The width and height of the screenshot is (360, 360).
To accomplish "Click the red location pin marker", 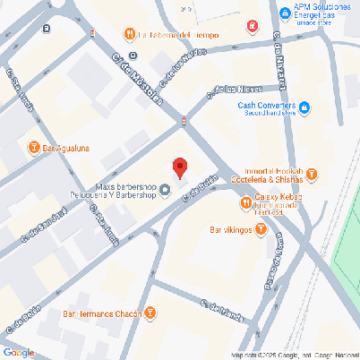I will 180,167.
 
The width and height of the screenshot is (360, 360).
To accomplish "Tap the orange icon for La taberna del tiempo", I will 129,35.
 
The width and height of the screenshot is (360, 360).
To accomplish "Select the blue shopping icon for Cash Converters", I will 304,108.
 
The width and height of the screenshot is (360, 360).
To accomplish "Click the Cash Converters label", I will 267,105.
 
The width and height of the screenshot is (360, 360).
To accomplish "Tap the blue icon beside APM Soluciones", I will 284,13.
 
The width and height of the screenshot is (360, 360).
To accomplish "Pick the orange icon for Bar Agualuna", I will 34,147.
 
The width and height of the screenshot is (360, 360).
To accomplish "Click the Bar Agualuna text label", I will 65,148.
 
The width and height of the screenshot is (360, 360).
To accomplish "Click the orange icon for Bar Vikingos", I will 261,229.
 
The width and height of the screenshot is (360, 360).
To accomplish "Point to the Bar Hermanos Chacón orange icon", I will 150,313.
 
